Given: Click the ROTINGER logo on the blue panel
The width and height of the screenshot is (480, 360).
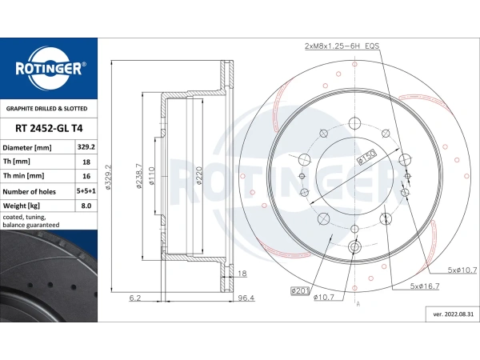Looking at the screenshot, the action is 49,69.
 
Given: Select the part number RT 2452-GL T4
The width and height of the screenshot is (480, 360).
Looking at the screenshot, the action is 49,128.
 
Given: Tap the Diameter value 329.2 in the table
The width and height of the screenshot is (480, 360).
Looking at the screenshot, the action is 86,147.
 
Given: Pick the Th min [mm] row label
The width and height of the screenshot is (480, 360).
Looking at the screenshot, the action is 23,176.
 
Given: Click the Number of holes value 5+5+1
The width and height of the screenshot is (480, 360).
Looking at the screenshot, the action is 86,191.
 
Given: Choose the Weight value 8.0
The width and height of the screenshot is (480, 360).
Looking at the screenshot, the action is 86,206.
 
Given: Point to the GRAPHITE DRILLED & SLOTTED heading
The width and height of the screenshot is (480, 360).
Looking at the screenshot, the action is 47,109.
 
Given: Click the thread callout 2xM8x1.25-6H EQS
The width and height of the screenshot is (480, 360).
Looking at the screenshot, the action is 342,46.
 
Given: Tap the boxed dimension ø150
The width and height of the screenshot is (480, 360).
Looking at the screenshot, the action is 366,157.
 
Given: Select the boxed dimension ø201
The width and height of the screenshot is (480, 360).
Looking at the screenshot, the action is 300,290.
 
